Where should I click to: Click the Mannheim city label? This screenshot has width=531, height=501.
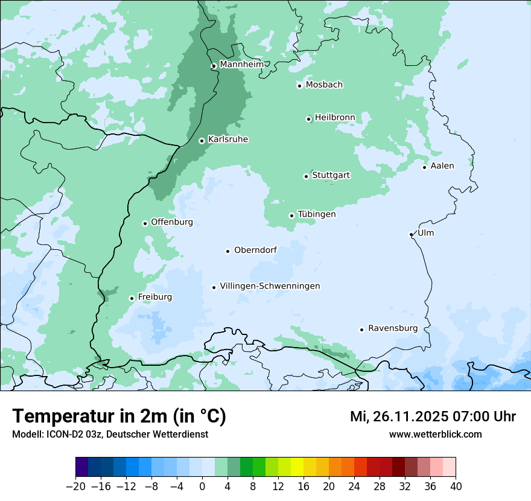[241, 64]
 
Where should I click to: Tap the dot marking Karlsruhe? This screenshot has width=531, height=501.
[202, 141]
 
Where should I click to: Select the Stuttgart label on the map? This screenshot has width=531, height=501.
[331, 175]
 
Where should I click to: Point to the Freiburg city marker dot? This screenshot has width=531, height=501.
[132, 298]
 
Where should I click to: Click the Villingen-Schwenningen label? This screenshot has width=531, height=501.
[270, 286]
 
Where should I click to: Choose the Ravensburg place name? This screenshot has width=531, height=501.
[393, 328]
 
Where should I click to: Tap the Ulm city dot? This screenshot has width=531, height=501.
[412, 234]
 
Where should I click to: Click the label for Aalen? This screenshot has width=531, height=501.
[442, 166]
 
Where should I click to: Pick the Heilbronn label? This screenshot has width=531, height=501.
[335, 117]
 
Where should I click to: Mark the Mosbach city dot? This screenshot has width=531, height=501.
[299, 86]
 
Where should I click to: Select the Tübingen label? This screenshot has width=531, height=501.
[317, 214]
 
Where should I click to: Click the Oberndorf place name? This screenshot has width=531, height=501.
[255, 250]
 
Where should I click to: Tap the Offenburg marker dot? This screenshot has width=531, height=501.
[145, 223]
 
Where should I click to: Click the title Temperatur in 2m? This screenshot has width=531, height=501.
[119, 416]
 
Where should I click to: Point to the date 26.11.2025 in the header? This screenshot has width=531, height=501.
[410, 416]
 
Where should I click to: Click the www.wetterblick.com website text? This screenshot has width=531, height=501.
[435, 434]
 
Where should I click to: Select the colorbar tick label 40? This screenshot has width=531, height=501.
[456, 487]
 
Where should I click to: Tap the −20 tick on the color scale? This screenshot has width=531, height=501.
[75, 487]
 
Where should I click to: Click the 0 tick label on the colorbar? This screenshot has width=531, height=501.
[202, 487]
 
